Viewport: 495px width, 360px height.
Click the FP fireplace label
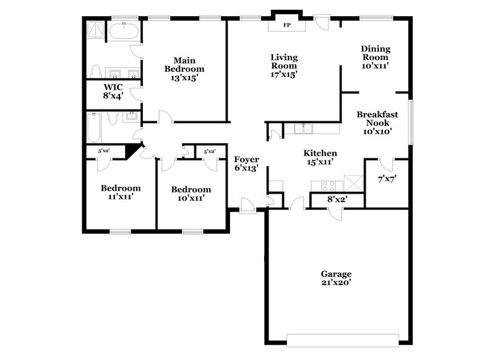click(x=286, y=25)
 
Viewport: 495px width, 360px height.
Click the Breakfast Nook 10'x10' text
click(x=377, y=122)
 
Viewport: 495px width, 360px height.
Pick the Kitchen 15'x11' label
click(x=320, y=157)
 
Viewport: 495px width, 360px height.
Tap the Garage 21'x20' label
click(x=336, y=278)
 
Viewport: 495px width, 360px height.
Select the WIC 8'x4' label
click(x=113, y=92)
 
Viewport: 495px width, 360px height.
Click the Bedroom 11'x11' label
click(x=121, y=192)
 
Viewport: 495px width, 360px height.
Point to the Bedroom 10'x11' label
click(x=191, y=194)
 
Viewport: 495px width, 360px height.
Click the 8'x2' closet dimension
click(x=337, y=199)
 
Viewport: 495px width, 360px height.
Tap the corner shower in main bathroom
click(x=95, y=31)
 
